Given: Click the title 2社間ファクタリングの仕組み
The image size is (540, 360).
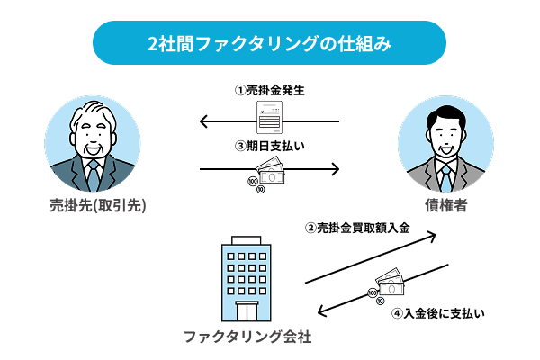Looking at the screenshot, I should click(270, 42).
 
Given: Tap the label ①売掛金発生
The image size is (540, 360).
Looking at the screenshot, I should click(270, 91).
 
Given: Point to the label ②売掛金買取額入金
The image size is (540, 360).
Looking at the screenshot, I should click(357, 229).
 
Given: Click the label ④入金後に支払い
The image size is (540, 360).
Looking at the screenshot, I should click(438, 314).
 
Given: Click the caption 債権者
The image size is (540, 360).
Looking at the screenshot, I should click(446, 206).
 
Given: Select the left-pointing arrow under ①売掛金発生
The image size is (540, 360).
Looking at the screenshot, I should click(225, 121).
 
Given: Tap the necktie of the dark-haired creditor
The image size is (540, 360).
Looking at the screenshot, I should click(446, 175).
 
